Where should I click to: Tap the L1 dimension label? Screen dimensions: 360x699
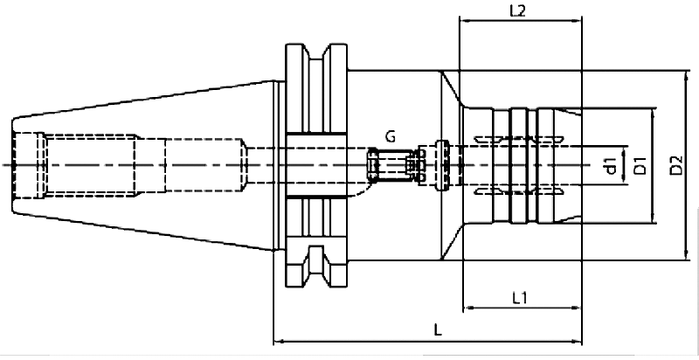click(522, 297)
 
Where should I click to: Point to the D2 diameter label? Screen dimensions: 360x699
click(676, 163)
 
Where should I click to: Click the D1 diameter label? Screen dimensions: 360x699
click(640, 163)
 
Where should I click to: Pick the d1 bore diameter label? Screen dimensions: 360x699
click(610, 163)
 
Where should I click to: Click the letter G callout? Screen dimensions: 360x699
click(390, 136)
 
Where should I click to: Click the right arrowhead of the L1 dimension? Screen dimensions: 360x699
click(579, 308)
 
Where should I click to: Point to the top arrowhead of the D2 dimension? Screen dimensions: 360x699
click(688, 73)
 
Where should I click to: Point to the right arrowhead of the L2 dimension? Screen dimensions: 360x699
click(579, 21)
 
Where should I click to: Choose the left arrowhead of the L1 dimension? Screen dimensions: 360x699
click(465, 308)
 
